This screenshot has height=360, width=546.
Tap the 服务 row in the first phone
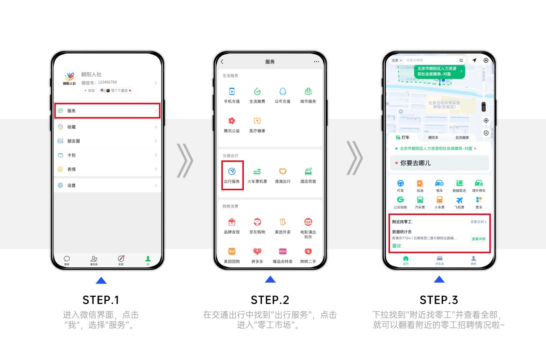(107, 111)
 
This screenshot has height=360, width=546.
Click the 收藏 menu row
(107, 127)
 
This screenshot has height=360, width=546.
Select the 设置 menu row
(107, 185)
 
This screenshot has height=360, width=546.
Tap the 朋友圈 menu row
(107, 141)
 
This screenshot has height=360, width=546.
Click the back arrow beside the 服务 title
(222, 62)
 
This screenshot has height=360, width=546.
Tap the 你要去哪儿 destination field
(439, 163)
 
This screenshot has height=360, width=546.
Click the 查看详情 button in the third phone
(478, 239)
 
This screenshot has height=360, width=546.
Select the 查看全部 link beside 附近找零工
(478, 222)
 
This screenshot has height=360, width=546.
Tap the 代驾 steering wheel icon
(400, 184)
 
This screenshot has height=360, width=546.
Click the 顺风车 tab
(433, 137)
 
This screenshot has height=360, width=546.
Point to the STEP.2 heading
(270, 300)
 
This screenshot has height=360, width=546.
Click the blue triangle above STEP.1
(101, 280)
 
